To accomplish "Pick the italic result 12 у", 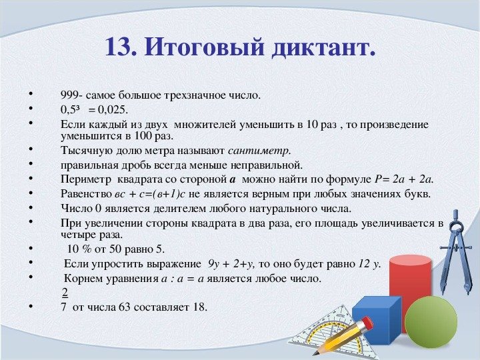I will pos(366,263).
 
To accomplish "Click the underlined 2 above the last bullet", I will pos(65,292).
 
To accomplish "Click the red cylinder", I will pos(409,287).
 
